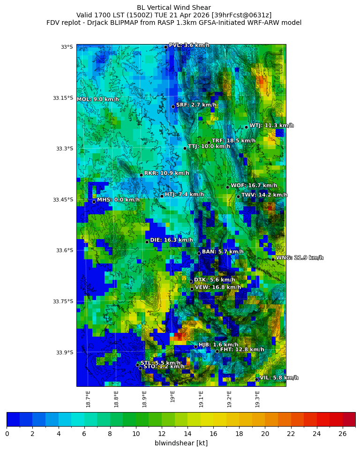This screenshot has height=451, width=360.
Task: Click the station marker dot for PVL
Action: (165, 47)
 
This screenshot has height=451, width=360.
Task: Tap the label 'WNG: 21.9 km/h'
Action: (300, 258)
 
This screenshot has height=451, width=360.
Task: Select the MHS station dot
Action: (94, 202)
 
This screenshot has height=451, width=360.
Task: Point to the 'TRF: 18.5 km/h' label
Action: (233, 141)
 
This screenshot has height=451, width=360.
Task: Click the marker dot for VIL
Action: (257, 379)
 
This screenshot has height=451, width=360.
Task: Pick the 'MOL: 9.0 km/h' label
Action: (98, 99)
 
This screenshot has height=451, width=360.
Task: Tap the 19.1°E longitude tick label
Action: (201, 399)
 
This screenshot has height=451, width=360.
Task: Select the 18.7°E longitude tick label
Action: (88, 399)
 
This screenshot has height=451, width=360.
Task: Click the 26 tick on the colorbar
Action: (342, 434)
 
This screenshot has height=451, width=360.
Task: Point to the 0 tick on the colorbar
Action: (7, 434)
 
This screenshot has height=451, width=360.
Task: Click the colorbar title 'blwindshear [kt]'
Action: (181, 443)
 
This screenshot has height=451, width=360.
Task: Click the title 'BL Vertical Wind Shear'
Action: (174, 8)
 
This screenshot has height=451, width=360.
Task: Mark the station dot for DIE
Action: (147, 242)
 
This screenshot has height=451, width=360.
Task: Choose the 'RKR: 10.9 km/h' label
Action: (166, 173)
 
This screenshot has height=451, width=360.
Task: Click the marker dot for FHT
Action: (217, 351)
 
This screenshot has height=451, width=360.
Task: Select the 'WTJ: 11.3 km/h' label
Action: (271, 126)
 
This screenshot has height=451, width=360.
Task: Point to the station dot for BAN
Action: (199, 253)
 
